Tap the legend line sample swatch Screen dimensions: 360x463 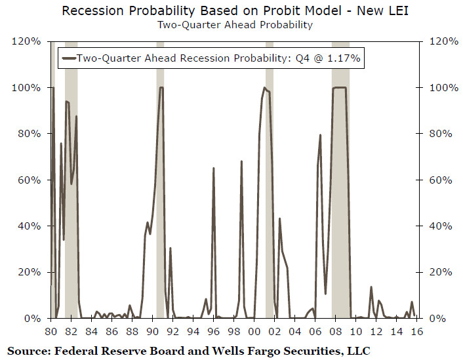pos(68,58)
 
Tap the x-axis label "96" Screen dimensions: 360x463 pos(214,331)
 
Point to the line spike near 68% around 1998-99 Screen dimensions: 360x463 pos(241,161)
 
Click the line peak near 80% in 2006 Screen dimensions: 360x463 pos(320,135)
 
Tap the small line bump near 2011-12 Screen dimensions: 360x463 pos(371,287)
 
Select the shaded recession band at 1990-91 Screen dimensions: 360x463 pos(160,197)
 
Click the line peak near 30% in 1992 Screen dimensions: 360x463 pos(170,249)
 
